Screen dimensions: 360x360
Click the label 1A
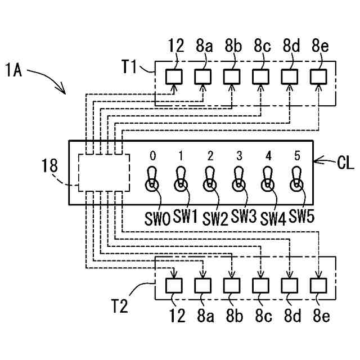[13, 70]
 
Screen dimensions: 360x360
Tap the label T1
[129, 66]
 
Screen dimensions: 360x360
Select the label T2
[120, 306]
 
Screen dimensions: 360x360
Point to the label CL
[345, 163]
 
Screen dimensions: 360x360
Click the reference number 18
[49, 165]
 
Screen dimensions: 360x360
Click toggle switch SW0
[152, 179]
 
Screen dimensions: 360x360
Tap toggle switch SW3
[238, 179]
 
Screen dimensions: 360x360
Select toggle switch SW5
[296, 179]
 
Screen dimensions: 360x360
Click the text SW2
[215, 219]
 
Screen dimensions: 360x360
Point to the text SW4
[273, 219]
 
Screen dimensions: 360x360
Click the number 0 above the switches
[152, 156]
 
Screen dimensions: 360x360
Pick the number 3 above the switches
[239, 156]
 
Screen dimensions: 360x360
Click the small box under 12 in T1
[174, 76]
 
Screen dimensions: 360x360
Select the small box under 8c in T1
[260, 76]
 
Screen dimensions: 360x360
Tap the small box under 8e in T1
[318, 76]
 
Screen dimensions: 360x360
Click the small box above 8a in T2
[202, 286]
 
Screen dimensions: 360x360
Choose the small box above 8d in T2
[290, 286]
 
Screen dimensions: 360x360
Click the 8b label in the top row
[233, 46]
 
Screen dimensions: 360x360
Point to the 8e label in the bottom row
[321, 316]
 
